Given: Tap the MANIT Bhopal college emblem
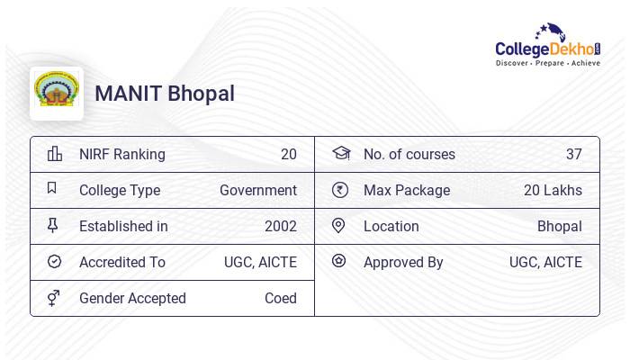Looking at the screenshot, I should (x=57, y=93).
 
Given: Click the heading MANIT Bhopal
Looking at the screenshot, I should (x=165, y=94).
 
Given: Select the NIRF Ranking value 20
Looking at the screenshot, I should (x=288, y=154).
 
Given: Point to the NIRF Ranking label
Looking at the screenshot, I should (x=122, y=154).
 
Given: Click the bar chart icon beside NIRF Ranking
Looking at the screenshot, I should (x=54, y=154).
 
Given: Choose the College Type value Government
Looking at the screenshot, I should (x=258, y=190).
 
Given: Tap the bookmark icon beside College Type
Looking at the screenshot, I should (x=52, y=189).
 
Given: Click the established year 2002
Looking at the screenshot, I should (x=281, y=226).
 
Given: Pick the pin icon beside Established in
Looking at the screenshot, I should (x=53, y=226).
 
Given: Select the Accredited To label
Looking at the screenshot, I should (x=122, y=262).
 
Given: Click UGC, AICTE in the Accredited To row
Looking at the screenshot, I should (x=260, y=262).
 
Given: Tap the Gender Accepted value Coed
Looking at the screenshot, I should (x=280, y=298).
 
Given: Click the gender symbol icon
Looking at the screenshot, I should (x=54, y=298).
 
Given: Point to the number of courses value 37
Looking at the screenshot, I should (x=573, y=154).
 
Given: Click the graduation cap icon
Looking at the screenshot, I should (x=340, y=154).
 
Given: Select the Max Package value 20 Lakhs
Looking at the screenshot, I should (x=553, y=190).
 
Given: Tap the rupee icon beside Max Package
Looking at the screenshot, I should (x=339, y=190).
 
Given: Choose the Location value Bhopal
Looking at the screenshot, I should (x=559, y=226).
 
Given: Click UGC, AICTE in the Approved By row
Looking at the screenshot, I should (x=545, y=262).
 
